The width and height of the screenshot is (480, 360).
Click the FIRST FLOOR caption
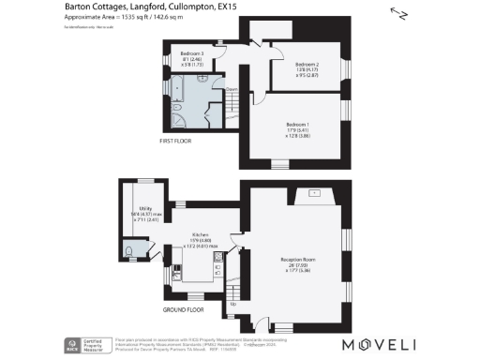tap(178, 141)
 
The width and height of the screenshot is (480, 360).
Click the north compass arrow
tap(402, 14)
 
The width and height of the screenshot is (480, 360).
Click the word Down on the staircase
tap(231, 90)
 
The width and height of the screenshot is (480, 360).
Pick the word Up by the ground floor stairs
tap(232, 305)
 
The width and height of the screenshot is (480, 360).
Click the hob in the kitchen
tap(217, 268)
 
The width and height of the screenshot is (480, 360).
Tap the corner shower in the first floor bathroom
tap(177, 87)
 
